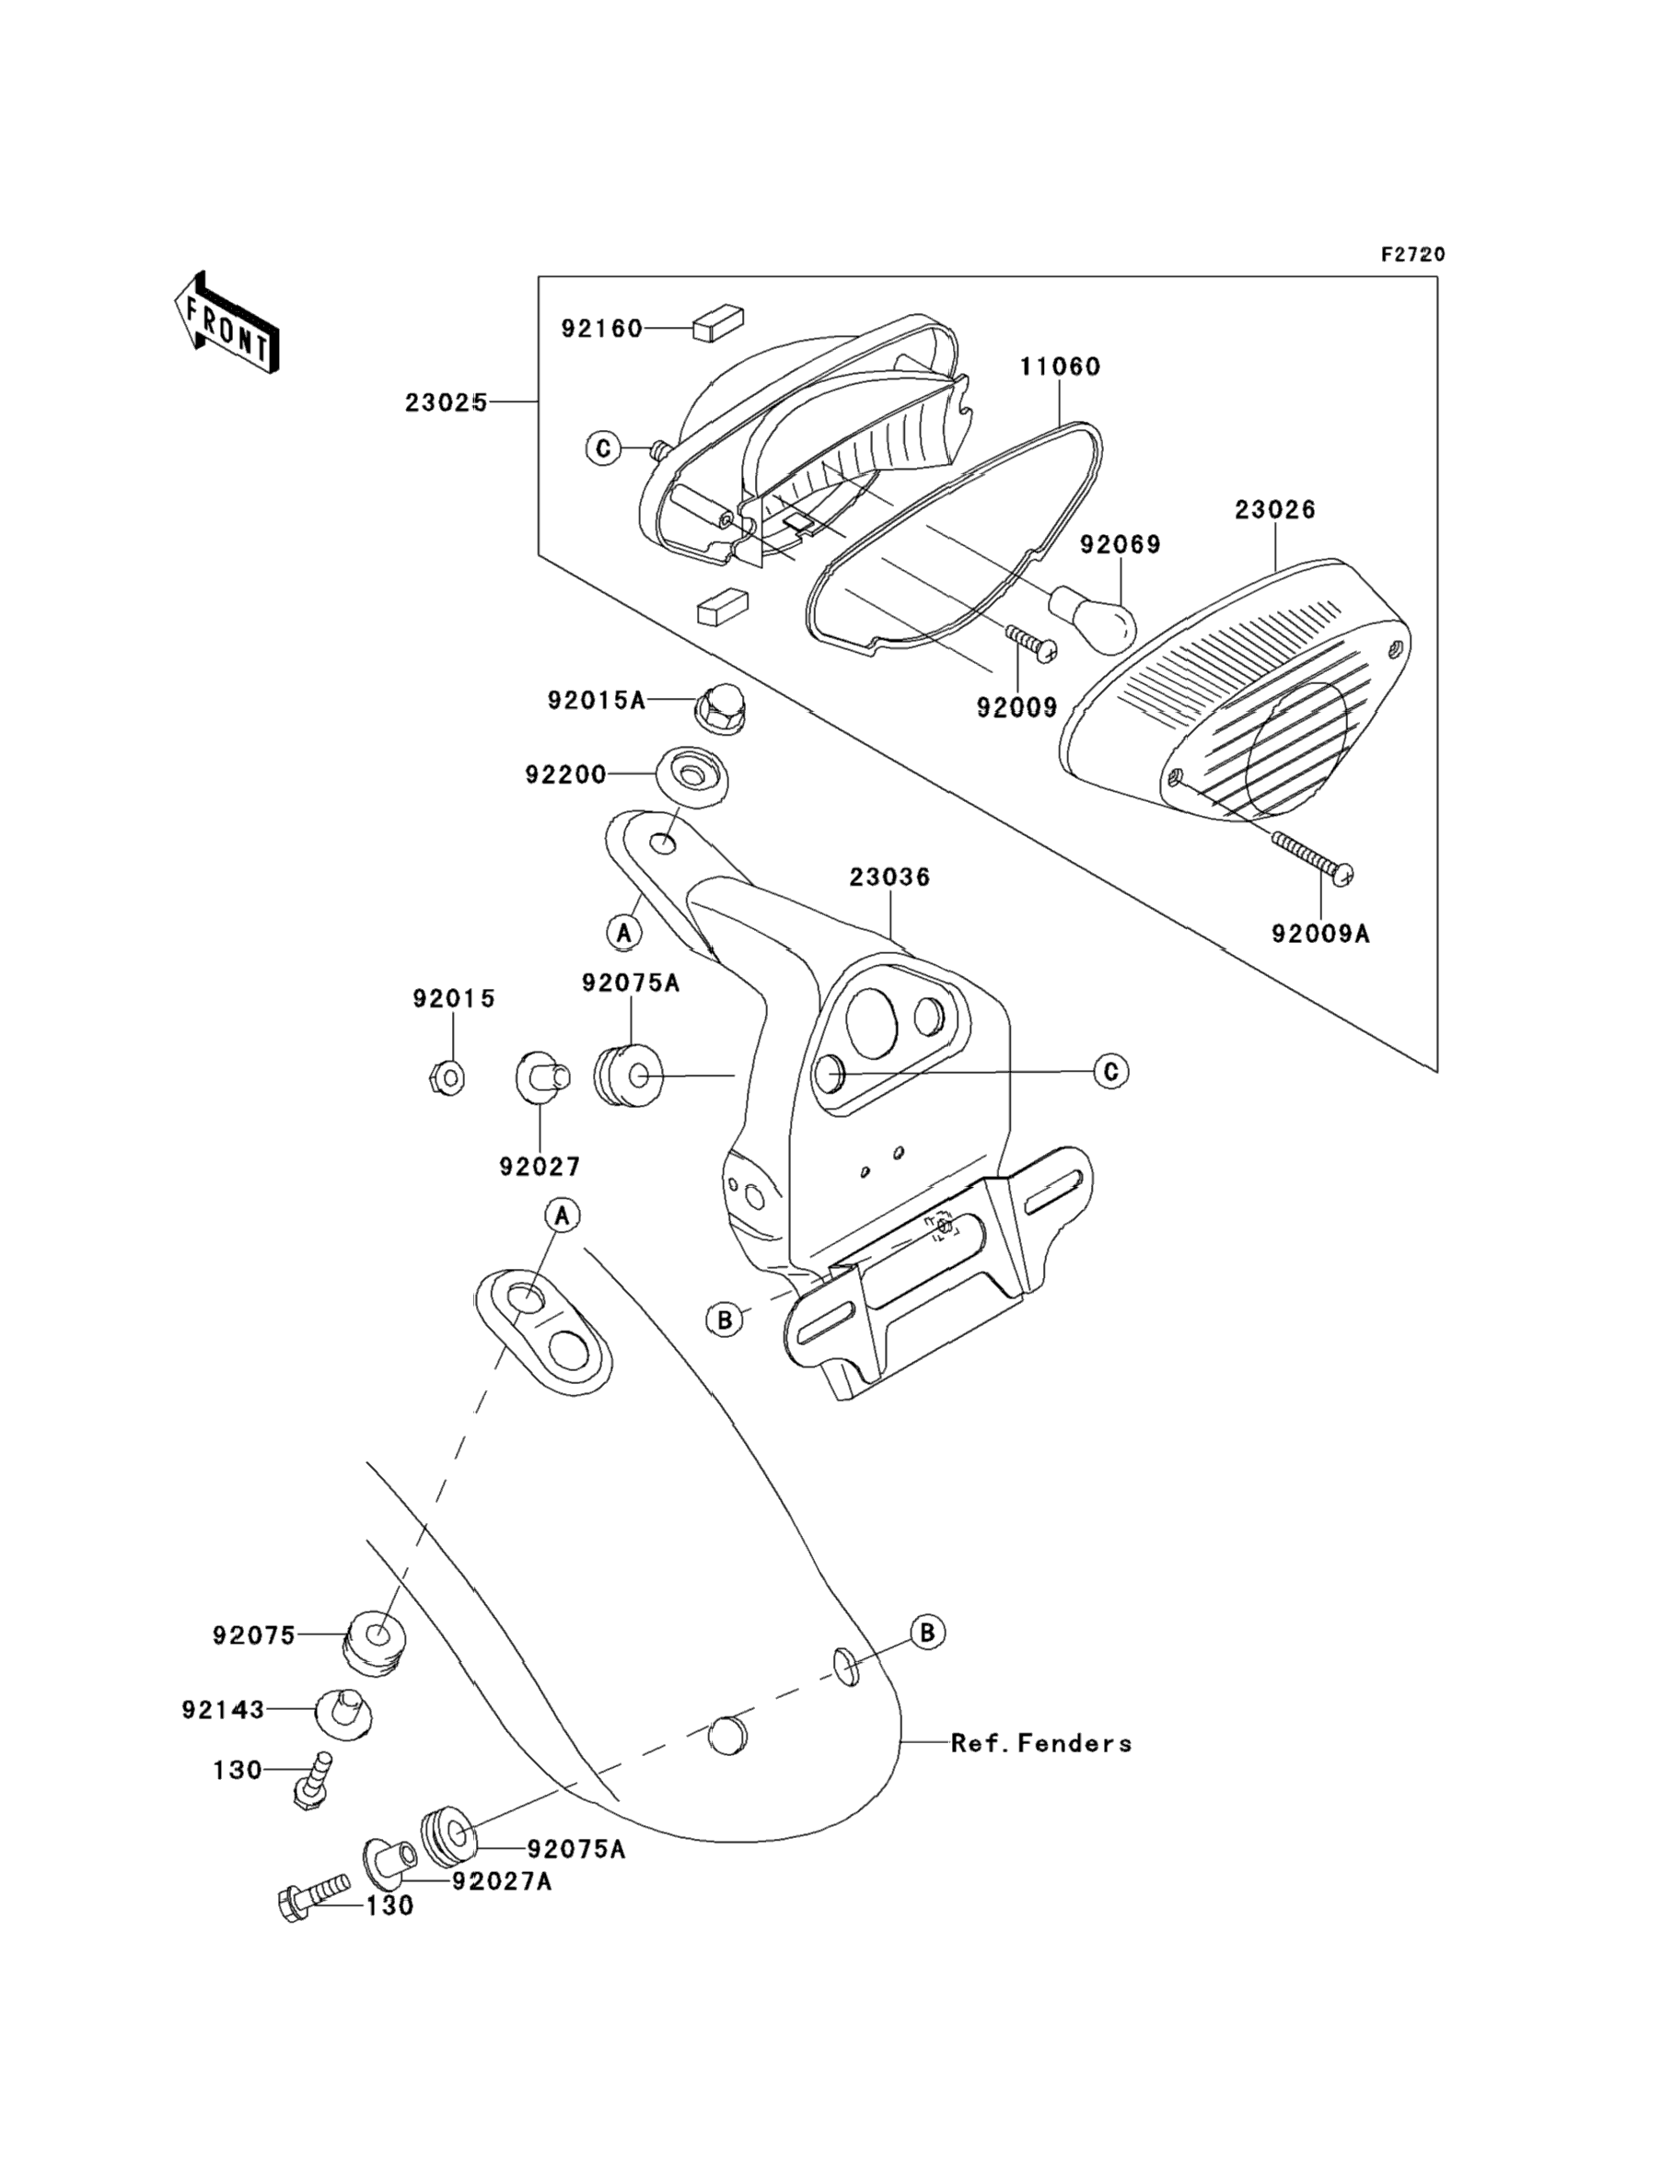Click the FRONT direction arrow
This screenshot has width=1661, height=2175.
tap(226, 323)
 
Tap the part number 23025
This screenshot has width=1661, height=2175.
tap(445, 403)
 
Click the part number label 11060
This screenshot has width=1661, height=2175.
tap(1060, 366)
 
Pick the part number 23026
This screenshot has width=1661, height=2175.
tap(1274, 510)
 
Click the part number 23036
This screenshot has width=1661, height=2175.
tap(889, 877)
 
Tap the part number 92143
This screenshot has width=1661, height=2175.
tap(224, 1709)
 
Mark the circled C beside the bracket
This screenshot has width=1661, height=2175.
tap(1111, 1072)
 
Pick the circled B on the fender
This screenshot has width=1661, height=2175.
tap(926, 1633)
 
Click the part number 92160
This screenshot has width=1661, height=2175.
tap(601, 328)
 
